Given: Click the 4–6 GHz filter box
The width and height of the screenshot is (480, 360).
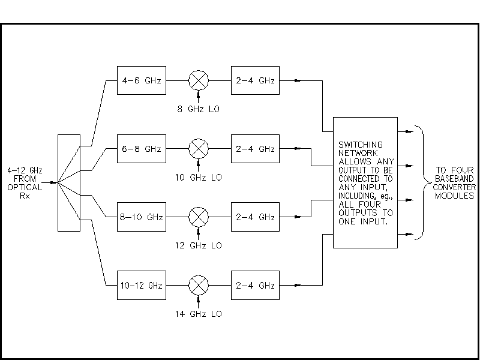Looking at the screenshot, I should point(141,80).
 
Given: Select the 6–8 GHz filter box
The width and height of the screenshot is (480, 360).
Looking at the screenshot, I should point(141,148).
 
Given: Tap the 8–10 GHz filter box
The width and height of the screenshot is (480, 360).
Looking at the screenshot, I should point(141,217).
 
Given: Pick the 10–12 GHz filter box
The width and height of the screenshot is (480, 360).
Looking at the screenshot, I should point(141,285).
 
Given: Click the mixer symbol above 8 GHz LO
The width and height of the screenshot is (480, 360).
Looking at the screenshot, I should point(198,80).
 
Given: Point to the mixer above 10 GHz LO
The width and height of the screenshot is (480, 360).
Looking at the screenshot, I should point(198,148).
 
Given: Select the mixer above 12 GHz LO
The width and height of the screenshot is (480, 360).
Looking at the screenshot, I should point(198,217).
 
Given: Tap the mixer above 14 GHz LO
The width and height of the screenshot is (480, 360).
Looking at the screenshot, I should point(198,285).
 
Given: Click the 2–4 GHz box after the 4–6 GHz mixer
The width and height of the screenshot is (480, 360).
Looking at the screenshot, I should point(255,80).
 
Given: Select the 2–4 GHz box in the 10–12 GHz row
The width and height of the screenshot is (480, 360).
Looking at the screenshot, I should point(255,285).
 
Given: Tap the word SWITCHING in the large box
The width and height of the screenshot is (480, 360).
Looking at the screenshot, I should point(361,145).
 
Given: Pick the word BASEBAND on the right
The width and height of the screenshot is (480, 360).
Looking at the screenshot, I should point(454,179).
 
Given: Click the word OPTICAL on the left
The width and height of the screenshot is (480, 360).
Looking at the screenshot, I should point(21,187).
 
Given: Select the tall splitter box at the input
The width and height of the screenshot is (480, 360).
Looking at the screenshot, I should point(68,182).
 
